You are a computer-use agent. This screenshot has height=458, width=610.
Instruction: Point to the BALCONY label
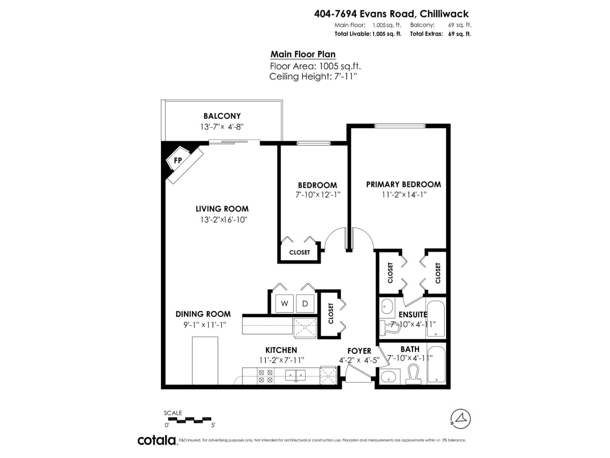[222, 116]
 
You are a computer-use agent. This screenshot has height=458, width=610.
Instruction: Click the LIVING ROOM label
[222, 209]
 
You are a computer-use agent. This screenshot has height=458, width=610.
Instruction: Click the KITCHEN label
[281, 350]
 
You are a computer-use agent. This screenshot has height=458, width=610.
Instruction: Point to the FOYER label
[359, 351]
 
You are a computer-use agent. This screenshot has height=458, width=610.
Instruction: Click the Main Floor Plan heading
[303, 54]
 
